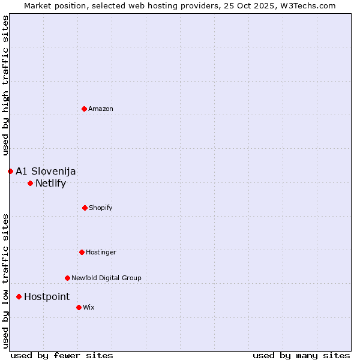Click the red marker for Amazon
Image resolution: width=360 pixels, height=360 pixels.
coord(84,109)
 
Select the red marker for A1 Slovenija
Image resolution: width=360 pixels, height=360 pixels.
coord(10,171)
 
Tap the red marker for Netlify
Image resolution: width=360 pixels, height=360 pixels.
coord(30,183)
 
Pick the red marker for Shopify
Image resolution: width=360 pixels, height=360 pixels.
coord(85,208)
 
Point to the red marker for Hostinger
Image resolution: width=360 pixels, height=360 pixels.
coord(82,252)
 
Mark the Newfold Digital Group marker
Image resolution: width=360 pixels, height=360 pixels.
coord(67,278)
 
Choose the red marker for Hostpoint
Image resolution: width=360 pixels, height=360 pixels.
coord(19,296)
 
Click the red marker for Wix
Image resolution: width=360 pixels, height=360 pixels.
coord(79,307)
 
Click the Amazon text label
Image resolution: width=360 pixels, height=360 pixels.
coord(101,109)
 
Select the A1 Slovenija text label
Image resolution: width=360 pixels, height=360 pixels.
coord(46,171)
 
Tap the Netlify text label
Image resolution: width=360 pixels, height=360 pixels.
coord(50,183)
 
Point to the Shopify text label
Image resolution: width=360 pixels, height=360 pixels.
coord(101,208)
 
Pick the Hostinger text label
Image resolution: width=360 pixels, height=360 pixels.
coord(101,252)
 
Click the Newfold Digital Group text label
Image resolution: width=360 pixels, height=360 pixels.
coord(106,278)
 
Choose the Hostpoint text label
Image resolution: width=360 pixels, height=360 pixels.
coord(47,296)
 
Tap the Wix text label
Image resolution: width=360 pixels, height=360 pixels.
coord(89,307)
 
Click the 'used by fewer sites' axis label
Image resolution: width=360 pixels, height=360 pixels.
coord(62,355)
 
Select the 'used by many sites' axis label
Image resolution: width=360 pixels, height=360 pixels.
coord(301,355)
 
